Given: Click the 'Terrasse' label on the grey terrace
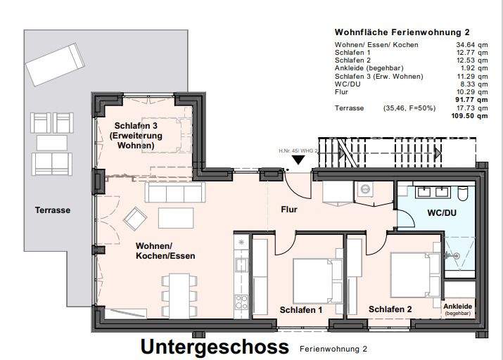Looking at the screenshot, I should (53, 210).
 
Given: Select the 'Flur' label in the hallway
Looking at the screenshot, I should (290, 210).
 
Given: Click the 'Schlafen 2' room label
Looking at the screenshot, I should (390, 309).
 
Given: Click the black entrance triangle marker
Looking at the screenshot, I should (299, 159).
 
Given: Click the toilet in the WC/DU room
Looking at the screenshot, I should (463, 193).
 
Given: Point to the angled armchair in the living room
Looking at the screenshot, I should (134, 220).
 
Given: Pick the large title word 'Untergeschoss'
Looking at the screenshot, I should (215, 347).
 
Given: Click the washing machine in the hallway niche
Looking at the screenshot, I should (364, 189).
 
